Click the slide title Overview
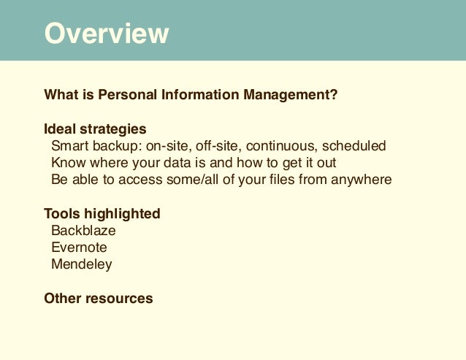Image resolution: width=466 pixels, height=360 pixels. (107, 34)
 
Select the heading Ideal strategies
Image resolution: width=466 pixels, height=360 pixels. (95, 129)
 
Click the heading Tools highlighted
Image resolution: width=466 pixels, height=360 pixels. (102, 214)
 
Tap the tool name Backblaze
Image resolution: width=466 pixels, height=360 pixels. (83, 231)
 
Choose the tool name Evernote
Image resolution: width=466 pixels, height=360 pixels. (79, 248)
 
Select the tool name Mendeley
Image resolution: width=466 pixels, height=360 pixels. (82, 264)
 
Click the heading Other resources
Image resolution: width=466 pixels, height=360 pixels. (99, 298)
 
